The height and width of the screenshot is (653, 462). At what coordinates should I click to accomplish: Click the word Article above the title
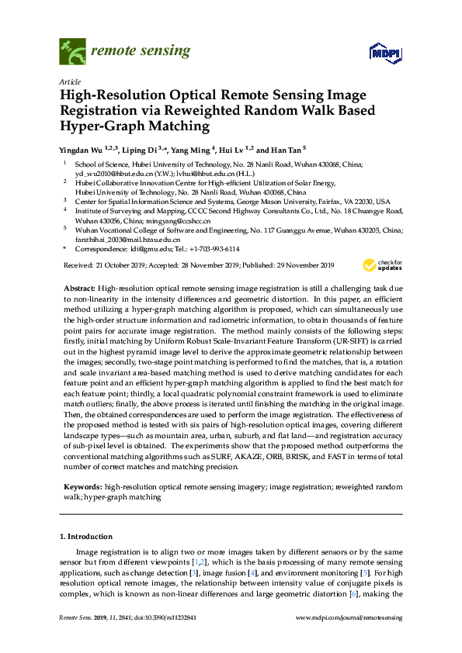[70, 81]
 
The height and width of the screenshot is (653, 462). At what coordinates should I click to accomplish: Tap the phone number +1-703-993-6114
[211, 249]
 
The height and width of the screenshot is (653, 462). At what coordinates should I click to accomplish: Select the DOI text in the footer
[177, 618]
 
